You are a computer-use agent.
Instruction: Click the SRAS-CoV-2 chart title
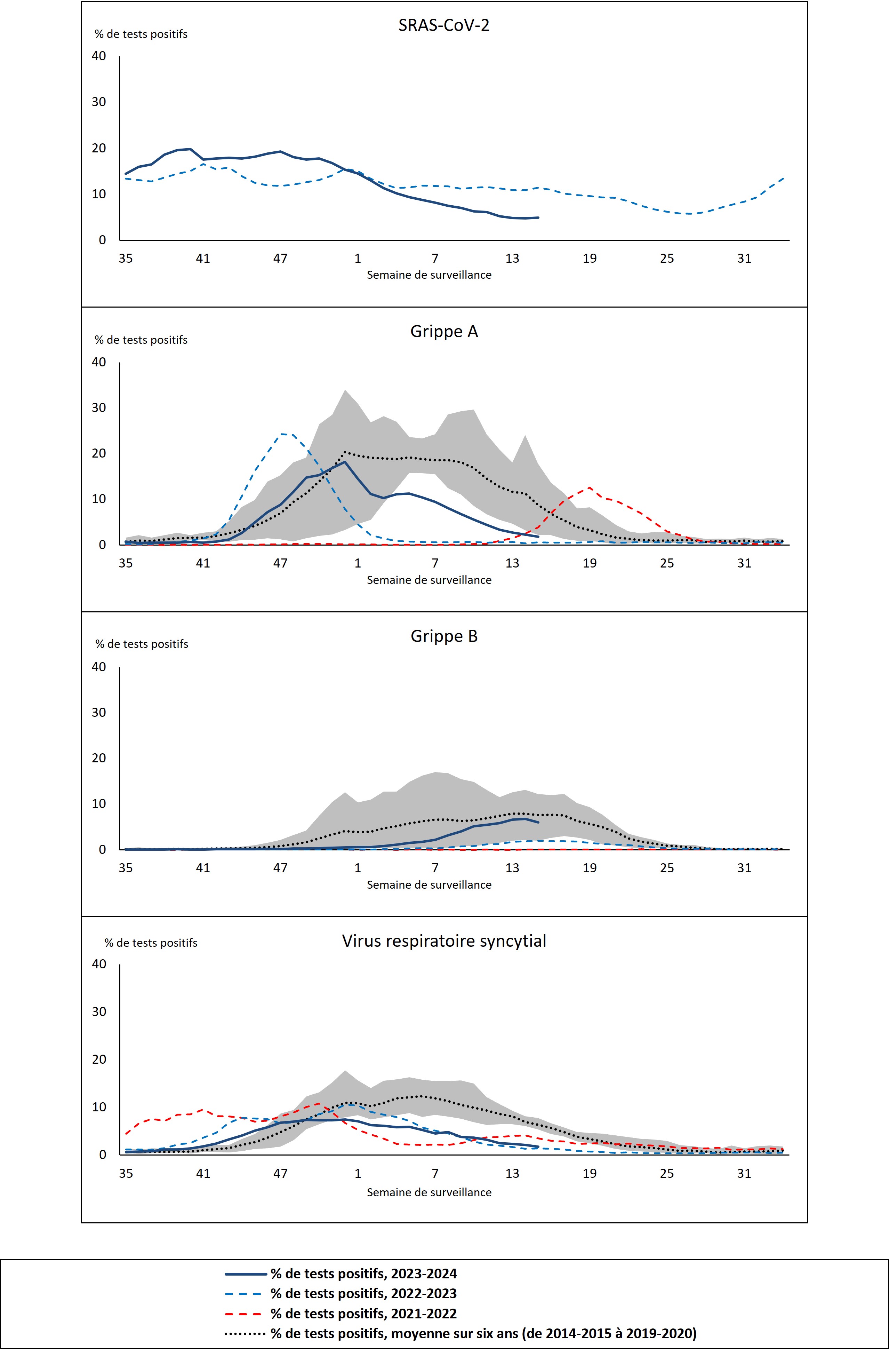point(444,25)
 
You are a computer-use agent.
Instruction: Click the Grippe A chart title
point(444,331)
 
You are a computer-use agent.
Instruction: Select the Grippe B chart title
point(444,636)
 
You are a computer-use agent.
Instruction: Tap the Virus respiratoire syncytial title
point(444,941)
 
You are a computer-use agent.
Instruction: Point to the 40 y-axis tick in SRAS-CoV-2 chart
point(99,56)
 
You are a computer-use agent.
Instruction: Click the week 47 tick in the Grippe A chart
point(280,563)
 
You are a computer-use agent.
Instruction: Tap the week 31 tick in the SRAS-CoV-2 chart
point(744,259)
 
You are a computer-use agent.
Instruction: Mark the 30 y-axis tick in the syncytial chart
point(99,1011)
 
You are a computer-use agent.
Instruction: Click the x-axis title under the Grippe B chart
point(429,884)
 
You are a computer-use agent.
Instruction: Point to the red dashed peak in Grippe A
point(590,488)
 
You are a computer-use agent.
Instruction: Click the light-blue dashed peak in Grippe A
point(282,434)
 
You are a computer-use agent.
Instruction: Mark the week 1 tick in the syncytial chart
point(358,1173)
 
